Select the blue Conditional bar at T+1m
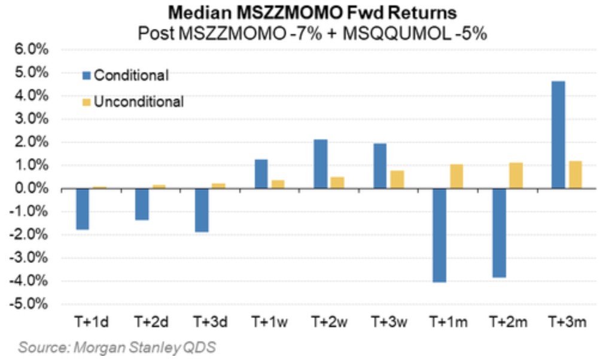point(440,235)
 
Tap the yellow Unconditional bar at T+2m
point(516,176)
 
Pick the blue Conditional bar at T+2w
point(321,164)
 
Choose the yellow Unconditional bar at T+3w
point(398,179)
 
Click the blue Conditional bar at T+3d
point(203,210)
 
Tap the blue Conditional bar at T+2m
point(499,233)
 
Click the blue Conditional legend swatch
point(86,76)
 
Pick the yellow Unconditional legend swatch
point(86,102)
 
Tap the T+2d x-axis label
point(151,322)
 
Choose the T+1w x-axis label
point(269,322)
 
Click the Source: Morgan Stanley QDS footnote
point(117,347)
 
